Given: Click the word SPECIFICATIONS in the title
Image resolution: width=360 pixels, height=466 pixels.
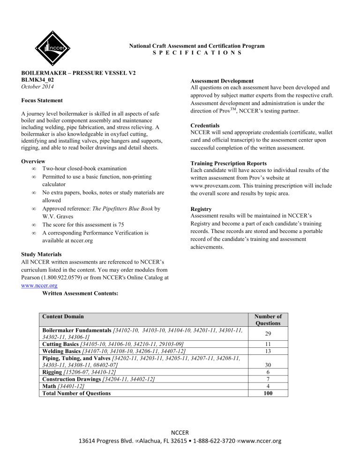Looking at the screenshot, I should coord(197,53).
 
